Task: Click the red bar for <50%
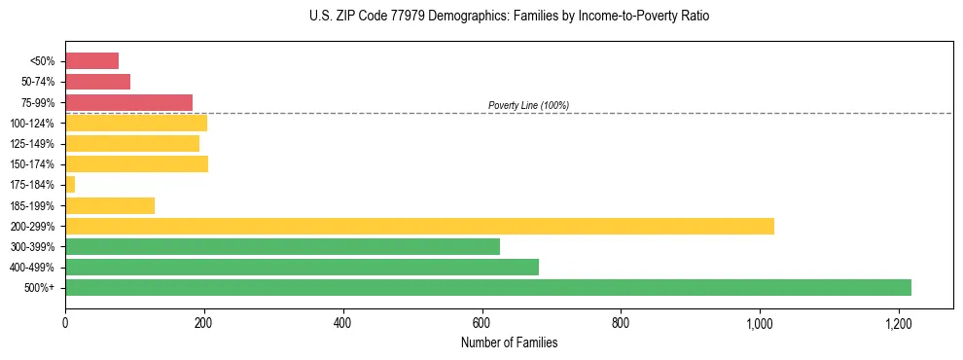pyautogui.click(x=91, y=61)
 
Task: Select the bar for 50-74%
pyautogui.click(x=97, y=82)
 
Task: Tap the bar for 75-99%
pyautogui.click(x=128, y=102)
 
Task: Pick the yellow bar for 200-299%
pyautogui.click(x=419, y=226)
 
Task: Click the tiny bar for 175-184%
pyautogui.click(x=70, y=184)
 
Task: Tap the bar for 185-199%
pyautogui.click(x=110, y=205)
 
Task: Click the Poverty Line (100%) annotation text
pyautogui.click(x=528, y=105)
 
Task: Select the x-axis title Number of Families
pyautogui.click(x=510, y=342)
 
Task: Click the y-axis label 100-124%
pyautogui.click(x=33, y=124)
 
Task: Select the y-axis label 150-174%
pyautogui.click(x=33, y=164)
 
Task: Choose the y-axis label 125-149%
pyautogui.click(x=33, y=144)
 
